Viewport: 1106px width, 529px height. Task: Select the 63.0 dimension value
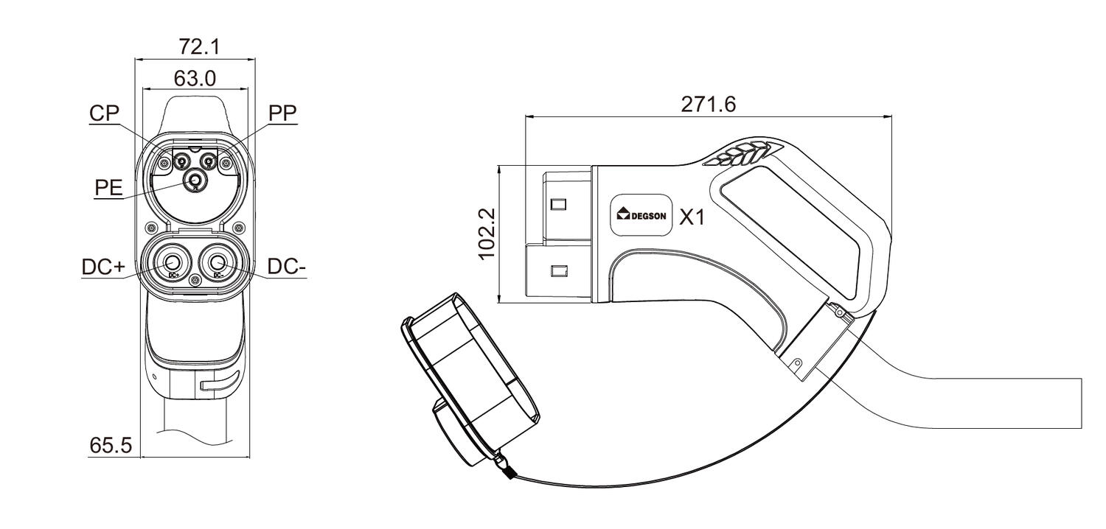[195, 78]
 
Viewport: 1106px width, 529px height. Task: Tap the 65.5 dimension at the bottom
[111, 446]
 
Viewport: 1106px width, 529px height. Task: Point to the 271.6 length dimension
[708, 105]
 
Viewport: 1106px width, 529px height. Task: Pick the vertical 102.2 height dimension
[487, 234]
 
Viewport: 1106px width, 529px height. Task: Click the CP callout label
[104, 113]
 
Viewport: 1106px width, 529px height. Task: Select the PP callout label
[282, 113]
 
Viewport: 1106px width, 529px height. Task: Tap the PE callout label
[108, 188]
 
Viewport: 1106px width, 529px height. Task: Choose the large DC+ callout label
[104, 267]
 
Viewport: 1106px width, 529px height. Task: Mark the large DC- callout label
[287, 267]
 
